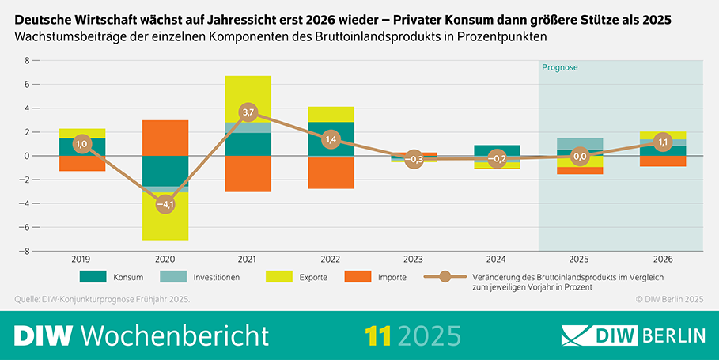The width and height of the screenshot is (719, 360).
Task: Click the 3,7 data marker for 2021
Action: tap(248, 112)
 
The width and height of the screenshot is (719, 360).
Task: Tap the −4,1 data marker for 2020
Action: tap(165, 204)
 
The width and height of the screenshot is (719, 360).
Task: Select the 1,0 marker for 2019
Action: tap(82, 144)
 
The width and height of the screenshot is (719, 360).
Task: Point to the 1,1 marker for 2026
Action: tap(663, 142)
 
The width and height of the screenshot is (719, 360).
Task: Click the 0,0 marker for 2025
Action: tap(580, 157)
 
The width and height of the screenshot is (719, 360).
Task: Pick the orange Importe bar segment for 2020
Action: tap(165, 138)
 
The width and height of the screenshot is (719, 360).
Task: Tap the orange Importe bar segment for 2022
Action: tap(330, 172)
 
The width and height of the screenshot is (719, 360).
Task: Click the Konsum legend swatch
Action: tap(93, 277)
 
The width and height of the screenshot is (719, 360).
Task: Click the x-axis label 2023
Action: tap(413, 258)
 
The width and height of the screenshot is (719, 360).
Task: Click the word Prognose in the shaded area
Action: tap(560, 68)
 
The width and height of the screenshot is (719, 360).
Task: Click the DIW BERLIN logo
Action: tap(632, 335)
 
